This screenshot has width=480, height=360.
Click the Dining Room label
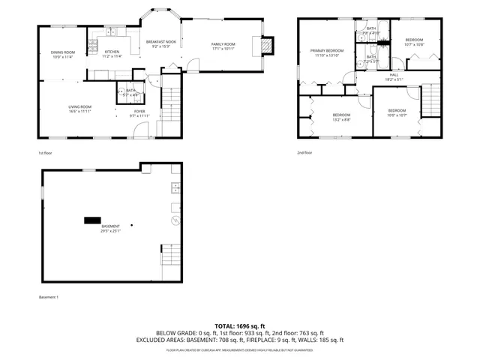(63, 52)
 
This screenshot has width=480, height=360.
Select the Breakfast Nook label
(161, 42)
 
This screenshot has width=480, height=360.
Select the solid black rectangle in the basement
(91, 220)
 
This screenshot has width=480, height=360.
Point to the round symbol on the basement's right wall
(175, 220)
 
